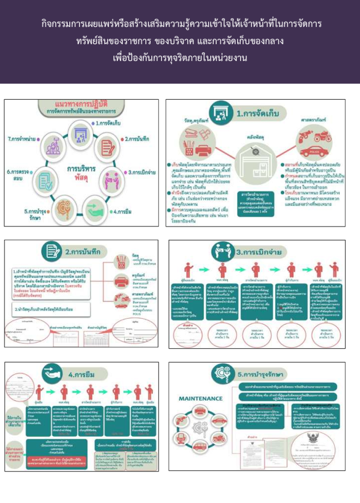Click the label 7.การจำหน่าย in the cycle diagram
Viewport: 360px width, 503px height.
click(24, 139)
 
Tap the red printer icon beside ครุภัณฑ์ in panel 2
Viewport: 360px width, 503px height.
click(121, 279)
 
